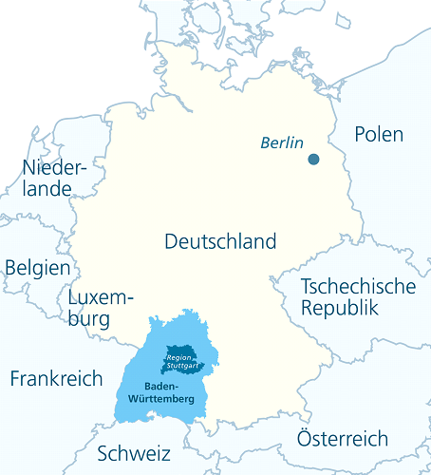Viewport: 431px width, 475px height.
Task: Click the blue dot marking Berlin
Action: click(313, 160)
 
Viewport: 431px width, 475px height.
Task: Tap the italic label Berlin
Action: click(282, 143)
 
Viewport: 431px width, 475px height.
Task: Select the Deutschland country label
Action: click(220, 241)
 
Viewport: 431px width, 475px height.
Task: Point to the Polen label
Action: click(379, 135)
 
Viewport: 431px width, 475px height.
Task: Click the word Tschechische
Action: click(357, 287)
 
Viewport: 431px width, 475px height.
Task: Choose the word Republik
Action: click(339, 309)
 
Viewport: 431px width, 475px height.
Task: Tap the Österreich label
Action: click(342, 439)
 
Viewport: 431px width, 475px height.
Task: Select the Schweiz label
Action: click(134, 452)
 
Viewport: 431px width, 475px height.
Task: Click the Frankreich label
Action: click(56, 379)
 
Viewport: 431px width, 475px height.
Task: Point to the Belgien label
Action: click(37, 268)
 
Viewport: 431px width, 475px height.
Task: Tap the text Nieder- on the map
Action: click(54, 168)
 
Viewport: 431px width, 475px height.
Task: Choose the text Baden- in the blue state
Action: click(163, 387)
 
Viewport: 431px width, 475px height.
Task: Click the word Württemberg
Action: click(163, 399)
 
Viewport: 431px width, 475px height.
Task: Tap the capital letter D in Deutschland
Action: click(171, 241)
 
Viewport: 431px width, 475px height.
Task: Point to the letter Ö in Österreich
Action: click(305, 439)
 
